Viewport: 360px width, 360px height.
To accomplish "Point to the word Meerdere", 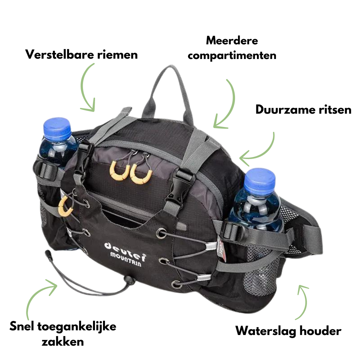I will (232, 41).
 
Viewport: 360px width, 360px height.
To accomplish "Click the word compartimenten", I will (232, 55).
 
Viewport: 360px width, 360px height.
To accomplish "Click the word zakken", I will (63, 341).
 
